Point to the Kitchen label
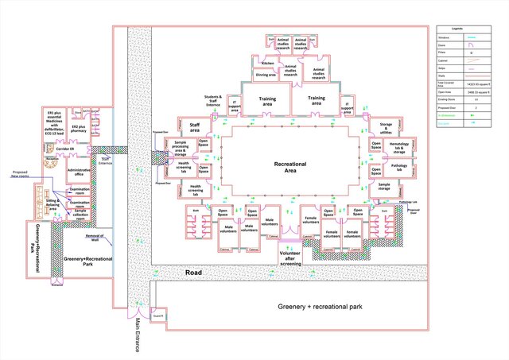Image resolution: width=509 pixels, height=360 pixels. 268,63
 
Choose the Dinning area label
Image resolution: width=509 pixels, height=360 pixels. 266,75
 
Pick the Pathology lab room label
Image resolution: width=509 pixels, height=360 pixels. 398,167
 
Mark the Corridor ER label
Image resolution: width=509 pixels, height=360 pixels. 65,149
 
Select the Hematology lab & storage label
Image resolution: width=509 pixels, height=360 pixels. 398,148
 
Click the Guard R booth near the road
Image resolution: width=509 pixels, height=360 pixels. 157,317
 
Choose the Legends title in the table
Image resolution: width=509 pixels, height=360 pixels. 468,29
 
